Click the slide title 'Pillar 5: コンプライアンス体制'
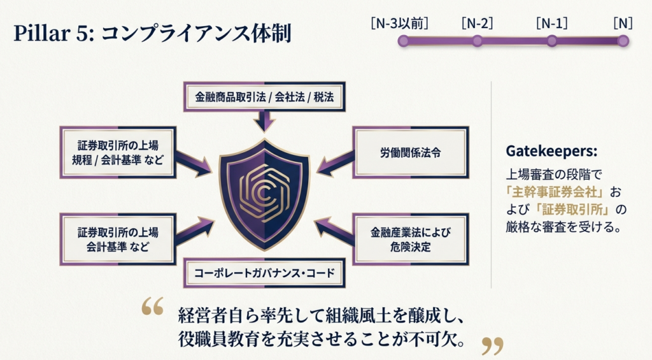pyautogui.click(x=152, y=33)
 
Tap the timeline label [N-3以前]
pyautogui.click(x=399, y=23)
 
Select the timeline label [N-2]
pyautogui.click(x=477, y=23)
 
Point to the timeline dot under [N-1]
pyautogui.click(x=551, y=41)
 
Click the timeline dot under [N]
pyautogui.click(x=623, y=41)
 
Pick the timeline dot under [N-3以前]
pyautogui.click(x=402, y=41)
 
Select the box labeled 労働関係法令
pyautogui.click(x=411, y=152)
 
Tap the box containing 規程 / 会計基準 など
pyautogui.click(x=118, y=152)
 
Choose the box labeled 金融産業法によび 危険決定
pyautogui.click(x=411, y=238)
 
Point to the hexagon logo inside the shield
pyautogui.click(x=264, y=194)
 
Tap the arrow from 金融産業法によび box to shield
pyautogui.click(x=334, y=229)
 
